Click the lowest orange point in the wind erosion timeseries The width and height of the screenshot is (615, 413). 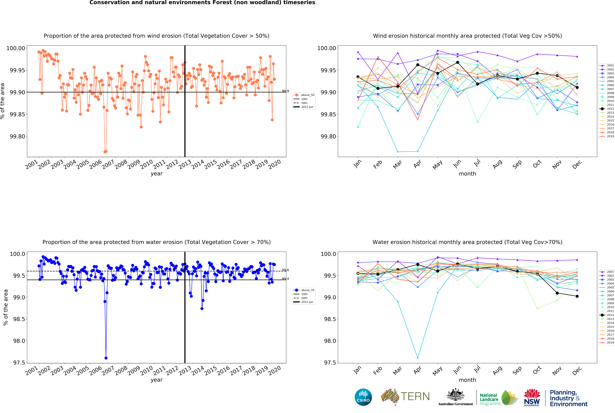coord(105,152)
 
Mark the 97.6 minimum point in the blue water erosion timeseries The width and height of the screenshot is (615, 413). coord(106,358)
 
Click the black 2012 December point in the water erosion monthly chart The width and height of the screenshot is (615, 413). coord(577,296)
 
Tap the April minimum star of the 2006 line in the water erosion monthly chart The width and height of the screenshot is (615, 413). coord(418,358)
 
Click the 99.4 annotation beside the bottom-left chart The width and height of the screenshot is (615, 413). coord(285,279)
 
